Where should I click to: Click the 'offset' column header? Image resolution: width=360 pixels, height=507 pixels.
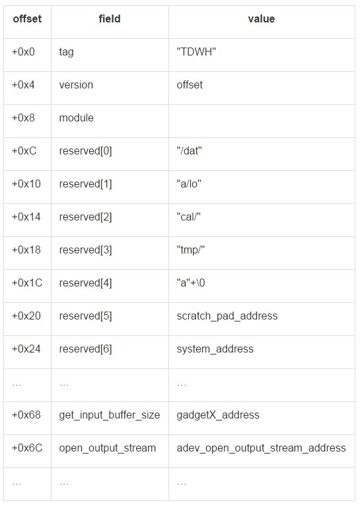pyautogui.click(x=27, y=18)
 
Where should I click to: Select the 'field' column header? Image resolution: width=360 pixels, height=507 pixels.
pyautogui.click(x=110, y=18)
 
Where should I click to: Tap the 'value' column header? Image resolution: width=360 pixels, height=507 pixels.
pyautogui.click(x=262, y=18)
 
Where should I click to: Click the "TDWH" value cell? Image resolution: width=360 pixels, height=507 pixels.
pyautogui.click(x=196, y=51)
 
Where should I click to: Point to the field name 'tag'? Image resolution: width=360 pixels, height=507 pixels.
pyautogui.click(x=66, y=52)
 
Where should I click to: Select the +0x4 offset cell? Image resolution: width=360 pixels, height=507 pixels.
pyautogui.click(x=23, y=84)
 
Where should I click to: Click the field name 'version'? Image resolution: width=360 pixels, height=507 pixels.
pyautogui.click(x=76, y=84)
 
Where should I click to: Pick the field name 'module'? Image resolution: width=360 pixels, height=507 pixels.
pyautogui.click(x=77, y=118)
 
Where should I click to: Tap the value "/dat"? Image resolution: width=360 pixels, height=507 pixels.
pyautogui.click(x=189, y=151)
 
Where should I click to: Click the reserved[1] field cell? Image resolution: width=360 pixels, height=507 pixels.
pyautogui.click(x=85, y=184)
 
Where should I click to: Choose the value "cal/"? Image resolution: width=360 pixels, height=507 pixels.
pyautogui.click(x=188, y=217)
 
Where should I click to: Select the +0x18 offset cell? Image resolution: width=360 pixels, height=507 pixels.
pyautogui.click(x=26, y=250)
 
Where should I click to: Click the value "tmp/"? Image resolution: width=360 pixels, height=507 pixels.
pyautogui.click(x=190, y=250)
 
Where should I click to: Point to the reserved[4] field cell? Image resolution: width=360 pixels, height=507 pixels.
pyautogui.click(x=85, y=283)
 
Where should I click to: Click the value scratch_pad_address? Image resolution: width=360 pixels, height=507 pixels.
pyautogui.click(x=227, y=316)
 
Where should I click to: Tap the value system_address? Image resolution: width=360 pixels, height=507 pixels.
pyautogui.click(x=215, y=349)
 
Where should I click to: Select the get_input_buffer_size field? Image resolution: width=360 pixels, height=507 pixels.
pyautogui.click(x=110, y=415)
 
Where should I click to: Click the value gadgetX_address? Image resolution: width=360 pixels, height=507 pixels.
pyautogui.click(x=218, y=415)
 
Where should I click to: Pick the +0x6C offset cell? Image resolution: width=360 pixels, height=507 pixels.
pyautogui.click(x=27, y=448)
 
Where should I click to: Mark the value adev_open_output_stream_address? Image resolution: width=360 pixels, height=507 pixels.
pyautogui.click(x=262, y=448)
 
